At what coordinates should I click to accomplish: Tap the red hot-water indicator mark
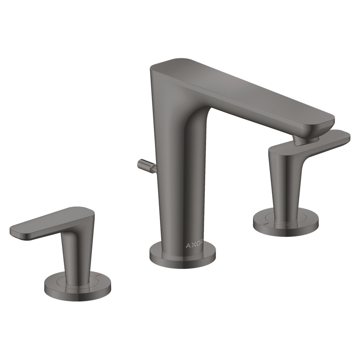pyautogui.click(x=98, y=275)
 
